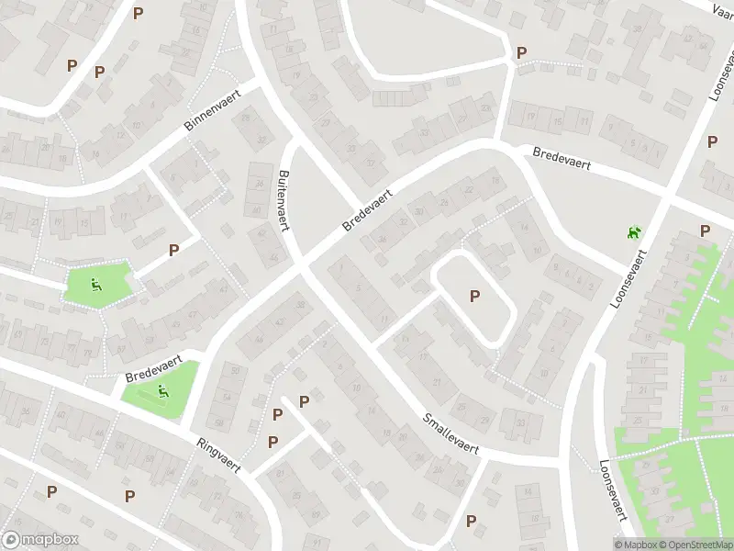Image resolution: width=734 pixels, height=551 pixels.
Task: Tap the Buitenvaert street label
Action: [284, 200]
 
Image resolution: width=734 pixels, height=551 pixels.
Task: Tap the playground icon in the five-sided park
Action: [96, 286]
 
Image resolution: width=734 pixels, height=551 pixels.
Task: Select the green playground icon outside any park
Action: [633, 234]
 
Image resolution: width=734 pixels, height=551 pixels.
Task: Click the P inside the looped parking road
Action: [474, 296]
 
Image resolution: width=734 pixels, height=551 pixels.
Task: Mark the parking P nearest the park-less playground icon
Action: [705, 231]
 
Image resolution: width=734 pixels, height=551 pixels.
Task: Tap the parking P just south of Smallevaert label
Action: [471, 521]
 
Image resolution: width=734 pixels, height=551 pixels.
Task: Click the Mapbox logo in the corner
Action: [40, 540]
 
